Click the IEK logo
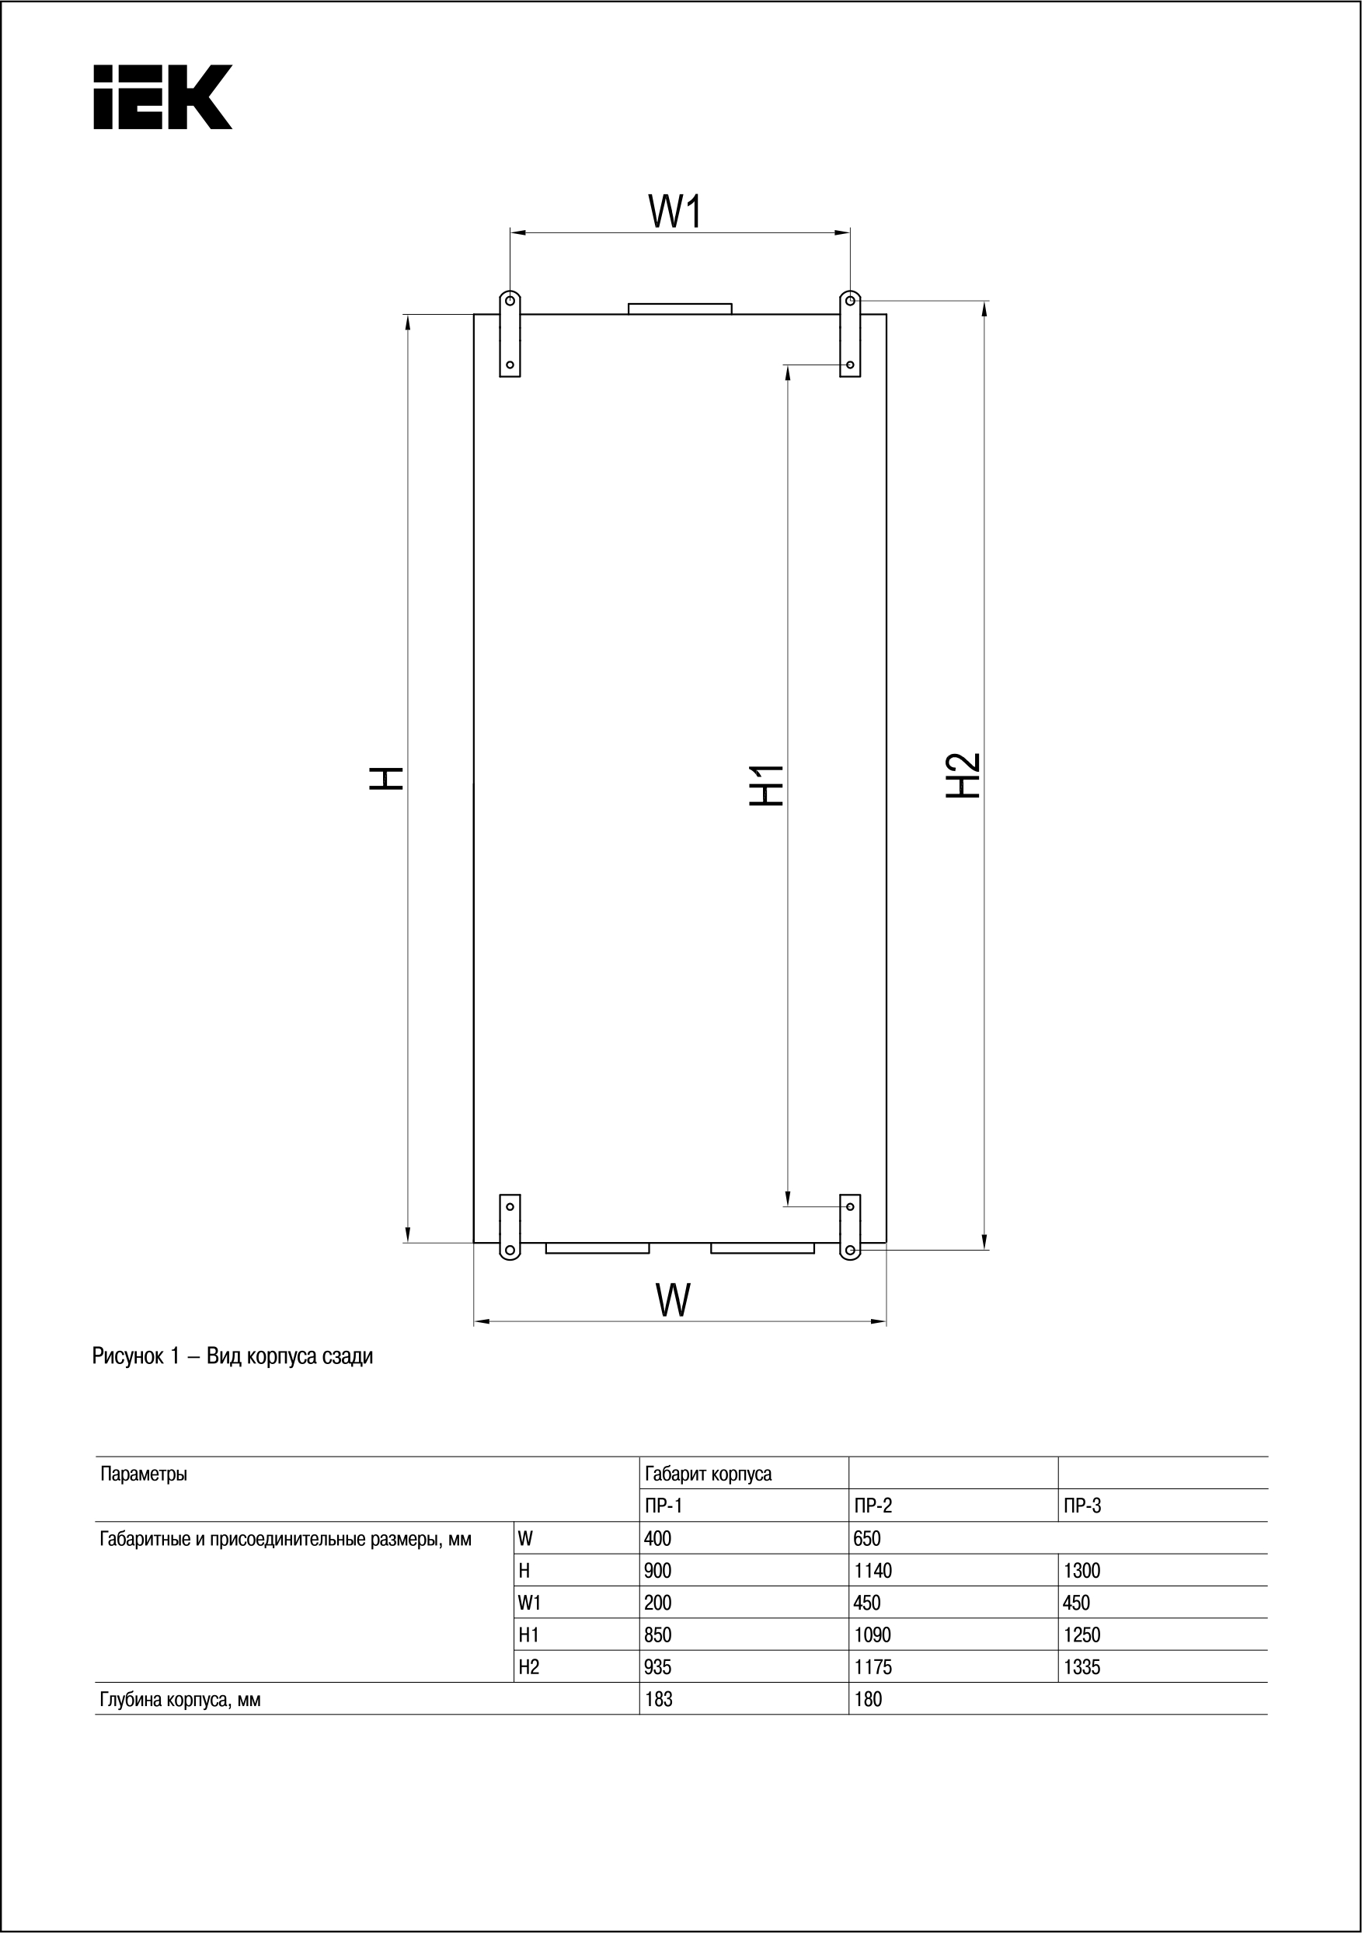pyautogui.click(x=162, y=97)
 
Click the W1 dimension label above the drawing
pyautogui.click(x=675, y=211)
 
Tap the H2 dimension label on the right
pyautogui.click(x=964, y=775)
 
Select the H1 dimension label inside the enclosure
pyautogui.click(x=767, y=786)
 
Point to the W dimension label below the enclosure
pyautogui.click(x=674, y=1300)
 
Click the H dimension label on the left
pyautogui.click(x=388, y=778)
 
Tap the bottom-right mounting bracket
pyautogui.click(x=850, y=1226)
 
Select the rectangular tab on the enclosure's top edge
pyautogui.click(x=680, y=308)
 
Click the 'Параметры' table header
pyautogui.click(x=144, y=1474)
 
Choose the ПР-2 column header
pyautogui.click(x=872, y=1506)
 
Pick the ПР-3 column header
pyautogui.click(x=1082, y=1506)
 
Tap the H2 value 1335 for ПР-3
pyautogui.click(x=1082, y=1667)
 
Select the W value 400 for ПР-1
pyautogui.click(x=658, y=1538)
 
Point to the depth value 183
pyautogui.click(x=658, y=1699)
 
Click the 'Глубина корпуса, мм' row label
pyautogui.click(x=180, y=1700)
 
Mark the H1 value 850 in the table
pyautogui.click(x=658, y=1635)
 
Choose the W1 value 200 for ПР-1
pyautogui.click(x=658, y=1603)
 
